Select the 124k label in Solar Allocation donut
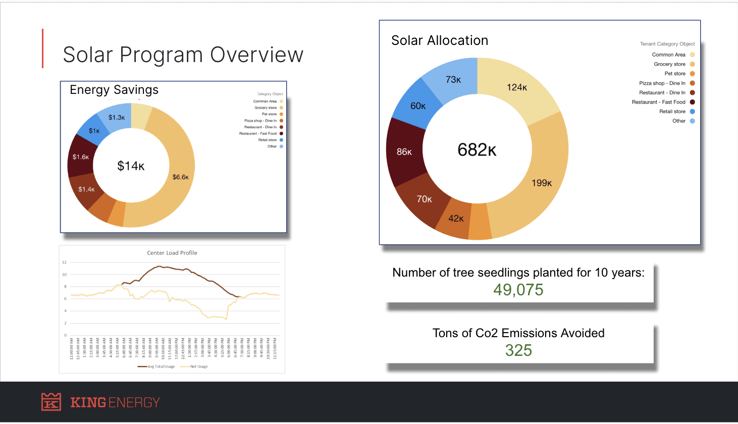517,87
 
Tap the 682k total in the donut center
477,150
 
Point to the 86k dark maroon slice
404,151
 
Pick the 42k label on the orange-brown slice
456,219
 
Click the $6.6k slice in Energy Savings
180,177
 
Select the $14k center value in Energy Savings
131,166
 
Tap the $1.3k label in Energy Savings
117,118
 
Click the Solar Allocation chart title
440,40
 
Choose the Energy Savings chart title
114,90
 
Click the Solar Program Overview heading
183,55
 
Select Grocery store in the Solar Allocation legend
669,64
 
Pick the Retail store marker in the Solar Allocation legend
692,112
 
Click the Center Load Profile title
172,253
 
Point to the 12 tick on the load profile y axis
65,262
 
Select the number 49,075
518,290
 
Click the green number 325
518,350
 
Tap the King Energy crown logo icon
51,402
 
